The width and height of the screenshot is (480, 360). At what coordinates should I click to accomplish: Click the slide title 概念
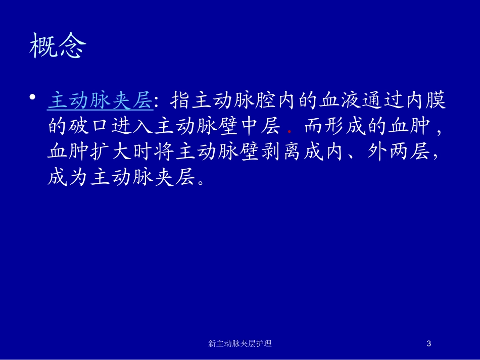coord(58,45)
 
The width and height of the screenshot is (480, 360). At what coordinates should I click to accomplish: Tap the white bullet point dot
coord(32,97)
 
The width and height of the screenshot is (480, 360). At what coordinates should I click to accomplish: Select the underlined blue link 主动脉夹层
coord(101,100)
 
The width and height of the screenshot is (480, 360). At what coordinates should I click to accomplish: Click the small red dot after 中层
coord(290,132)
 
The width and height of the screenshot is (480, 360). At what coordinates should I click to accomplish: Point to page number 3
coord(428,343)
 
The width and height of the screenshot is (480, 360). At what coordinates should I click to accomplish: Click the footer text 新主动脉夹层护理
coord(239,343)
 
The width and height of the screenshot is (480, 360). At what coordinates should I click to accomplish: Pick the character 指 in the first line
coord(180,100)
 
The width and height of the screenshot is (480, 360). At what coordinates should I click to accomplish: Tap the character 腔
coord(265,100)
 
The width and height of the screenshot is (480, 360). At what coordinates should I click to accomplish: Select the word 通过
coord(382,100)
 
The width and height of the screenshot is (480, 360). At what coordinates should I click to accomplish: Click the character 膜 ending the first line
coord(436,100)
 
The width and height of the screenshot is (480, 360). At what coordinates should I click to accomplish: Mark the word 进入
coord(132,126)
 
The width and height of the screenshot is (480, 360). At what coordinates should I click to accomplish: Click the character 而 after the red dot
coord(313,126)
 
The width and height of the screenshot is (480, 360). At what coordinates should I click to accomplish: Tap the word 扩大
coord(111,151)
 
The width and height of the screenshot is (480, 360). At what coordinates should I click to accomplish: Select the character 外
coord(377,151)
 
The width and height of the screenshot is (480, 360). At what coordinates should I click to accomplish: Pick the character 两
coord(399,151)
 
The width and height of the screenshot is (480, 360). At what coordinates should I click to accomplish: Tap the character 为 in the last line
coord(79,177)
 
